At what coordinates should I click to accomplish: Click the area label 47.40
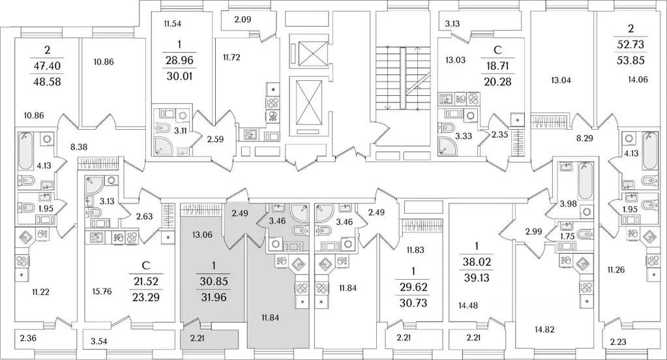[x=47, y=65]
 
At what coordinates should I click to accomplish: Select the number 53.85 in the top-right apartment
[x=631, y=60]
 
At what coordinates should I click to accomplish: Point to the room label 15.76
[x=102, y=292]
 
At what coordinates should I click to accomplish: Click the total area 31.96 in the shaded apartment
[x=214, y=297]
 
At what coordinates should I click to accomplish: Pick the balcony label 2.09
[x=243, y=19]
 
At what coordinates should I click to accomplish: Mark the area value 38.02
[x=477, y=262]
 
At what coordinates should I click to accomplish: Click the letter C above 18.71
[x=497, y=50]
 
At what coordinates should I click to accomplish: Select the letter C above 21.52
[x=145, y=265]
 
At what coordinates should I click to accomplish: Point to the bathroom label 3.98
[x=569, y=204]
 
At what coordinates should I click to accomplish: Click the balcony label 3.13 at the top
[x=452, y=24]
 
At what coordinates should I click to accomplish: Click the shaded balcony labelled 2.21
[x=197, y=338]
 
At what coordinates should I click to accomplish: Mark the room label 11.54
[x=172, y=24]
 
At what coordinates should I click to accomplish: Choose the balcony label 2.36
[x=27, y=338]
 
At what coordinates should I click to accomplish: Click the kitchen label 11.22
[x=40, y=292]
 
